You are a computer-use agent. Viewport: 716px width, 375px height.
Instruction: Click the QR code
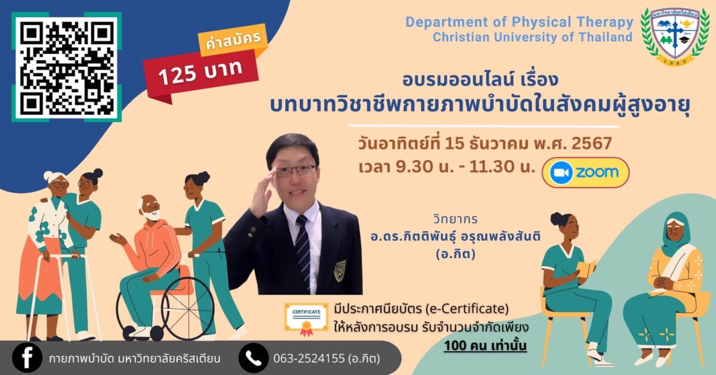click(66, 67)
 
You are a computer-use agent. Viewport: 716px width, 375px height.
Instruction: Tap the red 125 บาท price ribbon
click(200, 75)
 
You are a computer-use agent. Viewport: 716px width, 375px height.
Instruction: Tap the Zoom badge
click(585, 172)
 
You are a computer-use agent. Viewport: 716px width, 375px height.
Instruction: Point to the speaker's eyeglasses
click(296, 171)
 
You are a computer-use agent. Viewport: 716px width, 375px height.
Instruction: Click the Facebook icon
click(27, 358)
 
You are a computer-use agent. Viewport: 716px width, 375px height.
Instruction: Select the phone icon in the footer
click(254, 358)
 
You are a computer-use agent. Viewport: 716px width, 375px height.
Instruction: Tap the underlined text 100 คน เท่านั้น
click(485, 346)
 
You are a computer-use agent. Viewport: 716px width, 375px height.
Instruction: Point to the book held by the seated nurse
click(587, 269)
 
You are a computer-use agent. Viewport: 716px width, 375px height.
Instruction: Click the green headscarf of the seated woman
click(675, 233)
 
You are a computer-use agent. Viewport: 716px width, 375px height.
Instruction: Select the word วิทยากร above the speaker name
click(455, 219)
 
